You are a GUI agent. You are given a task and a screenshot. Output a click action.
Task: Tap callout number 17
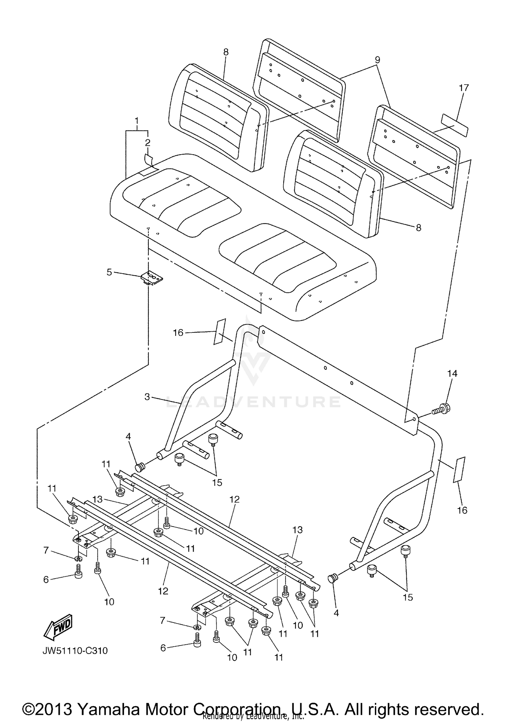(x=464, y=88)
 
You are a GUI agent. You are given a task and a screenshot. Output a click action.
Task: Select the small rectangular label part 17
(x=455, y=125)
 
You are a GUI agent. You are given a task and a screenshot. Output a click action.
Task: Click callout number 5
(x=109, y=272)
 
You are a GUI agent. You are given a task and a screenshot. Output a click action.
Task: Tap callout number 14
(x=452, y=373)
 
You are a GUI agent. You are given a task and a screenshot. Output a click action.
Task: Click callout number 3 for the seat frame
(x=147, y=397)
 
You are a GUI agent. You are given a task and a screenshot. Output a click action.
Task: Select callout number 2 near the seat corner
(x=148, y=143)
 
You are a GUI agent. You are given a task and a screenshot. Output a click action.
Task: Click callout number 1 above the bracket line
(x=137, y=121)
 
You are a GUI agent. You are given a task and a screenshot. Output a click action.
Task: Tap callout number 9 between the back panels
(x=377, y=60)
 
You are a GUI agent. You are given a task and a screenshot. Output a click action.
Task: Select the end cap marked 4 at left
(x=140, y=468)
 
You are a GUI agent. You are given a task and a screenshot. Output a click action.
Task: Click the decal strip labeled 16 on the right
(x=459, y=470)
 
